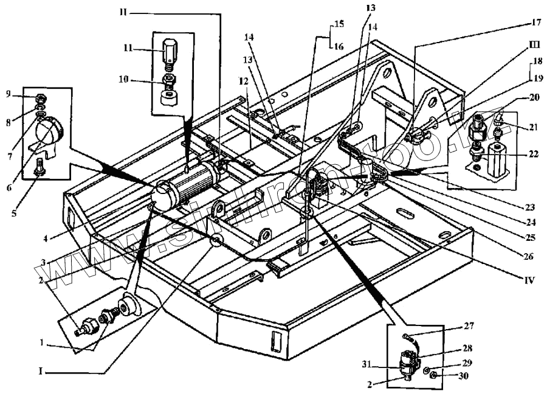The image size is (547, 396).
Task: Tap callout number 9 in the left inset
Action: point(9,94)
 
